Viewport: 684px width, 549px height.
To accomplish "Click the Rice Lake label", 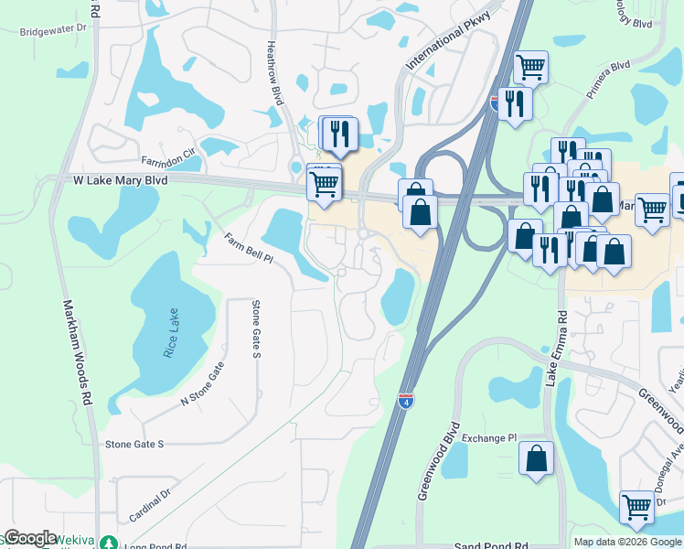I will click(x=171, y=333).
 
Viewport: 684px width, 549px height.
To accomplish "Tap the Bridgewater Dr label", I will click(x=53, y=29).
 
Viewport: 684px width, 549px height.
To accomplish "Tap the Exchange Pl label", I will click(x=488, y=438).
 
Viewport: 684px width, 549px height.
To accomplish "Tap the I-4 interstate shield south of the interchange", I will click(x=405, y=400).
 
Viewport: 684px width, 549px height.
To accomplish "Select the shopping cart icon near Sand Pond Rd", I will click(x=636, y=507).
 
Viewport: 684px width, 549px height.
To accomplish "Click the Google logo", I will click(x=30, y=538).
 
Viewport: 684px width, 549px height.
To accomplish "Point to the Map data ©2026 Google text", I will click(x=627, y=542).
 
